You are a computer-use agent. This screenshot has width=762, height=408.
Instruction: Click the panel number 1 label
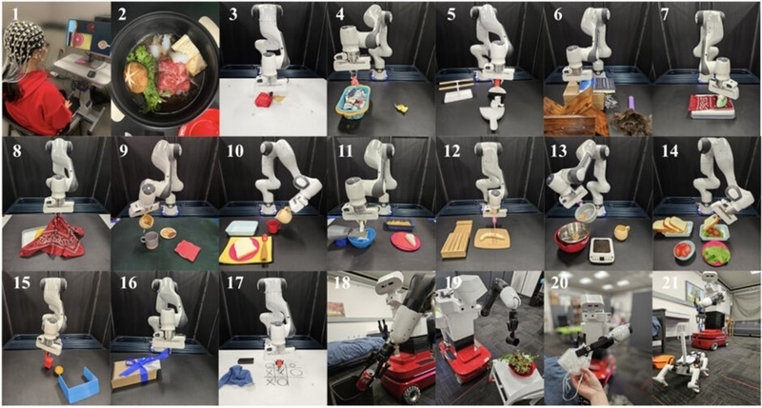click(15, 14)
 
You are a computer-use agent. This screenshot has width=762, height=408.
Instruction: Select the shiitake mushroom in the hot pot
click(137, 78)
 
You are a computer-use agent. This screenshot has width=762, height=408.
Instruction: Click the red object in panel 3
click(263, 101)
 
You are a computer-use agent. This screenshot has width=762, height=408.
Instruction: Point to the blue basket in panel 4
click(353, 103)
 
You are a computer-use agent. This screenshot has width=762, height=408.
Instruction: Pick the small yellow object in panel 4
click(401, 108)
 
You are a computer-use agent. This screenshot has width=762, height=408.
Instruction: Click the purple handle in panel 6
click(632, 104)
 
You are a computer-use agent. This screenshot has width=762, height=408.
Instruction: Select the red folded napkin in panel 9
click(187, 250)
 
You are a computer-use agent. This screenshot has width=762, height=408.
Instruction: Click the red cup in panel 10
click(272, 226)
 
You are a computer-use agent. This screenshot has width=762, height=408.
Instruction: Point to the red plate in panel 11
click(406, 242)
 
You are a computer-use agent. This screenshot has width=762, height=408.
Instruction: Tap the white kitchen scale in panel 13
click(602, 249)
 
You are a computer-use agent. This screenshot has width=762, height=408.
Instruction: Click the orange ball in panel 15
click(59, 370)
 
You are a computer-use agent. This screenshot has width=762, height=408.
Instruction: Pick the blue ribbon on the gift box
click(142, 365)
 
